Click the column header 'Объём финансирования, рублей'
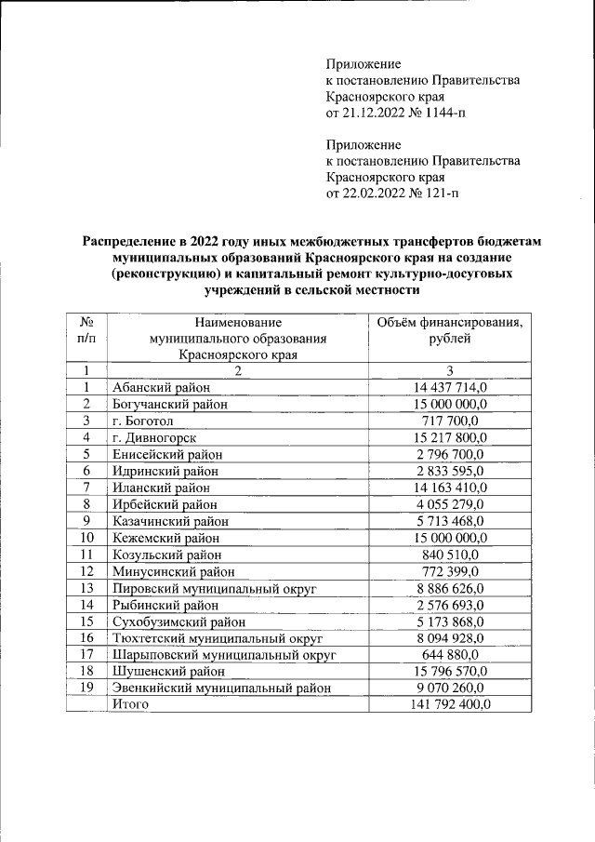coord(450,330)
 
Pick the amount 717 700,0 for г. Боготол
coord(450,421)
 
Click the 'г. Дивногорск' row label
coord(153,437)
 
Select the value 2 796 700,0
coord(450,454)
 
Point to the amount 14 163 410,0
coord(450,488)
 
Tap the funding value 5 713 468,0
coord(450,521)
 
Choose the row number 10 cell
coord(86,538)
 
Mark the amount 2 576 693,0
coord(450,605)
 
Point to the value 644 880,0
coord(450,655)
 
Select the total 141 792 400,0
coord(450,705)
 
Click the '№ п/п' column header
coord(86,330)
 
